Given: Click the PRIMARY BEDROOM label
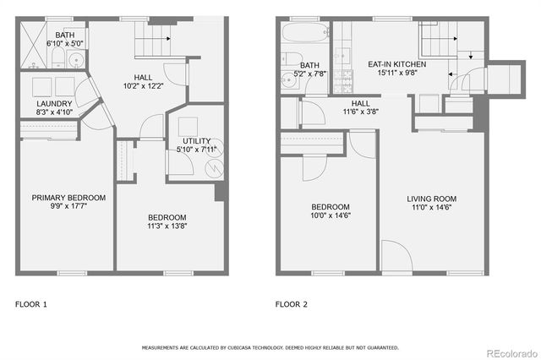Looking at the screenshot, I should coord(68,198).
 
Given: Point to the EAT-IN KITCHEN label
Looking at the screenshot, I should coord(396,64).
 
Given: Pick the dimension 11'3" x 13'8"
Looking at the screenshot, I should coord(167,226).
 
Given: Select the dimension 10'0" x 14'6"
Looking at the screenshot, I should coord(330,216).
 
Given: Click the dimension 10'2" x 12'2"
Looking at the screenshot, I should coord(141,85).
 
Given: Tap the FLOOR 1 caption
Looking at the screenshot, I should coord(31,303).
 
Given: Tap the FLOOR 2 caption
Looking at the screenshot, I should coord(292,303).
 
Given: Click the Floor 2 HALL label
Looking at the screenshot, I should coord(361,102).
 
